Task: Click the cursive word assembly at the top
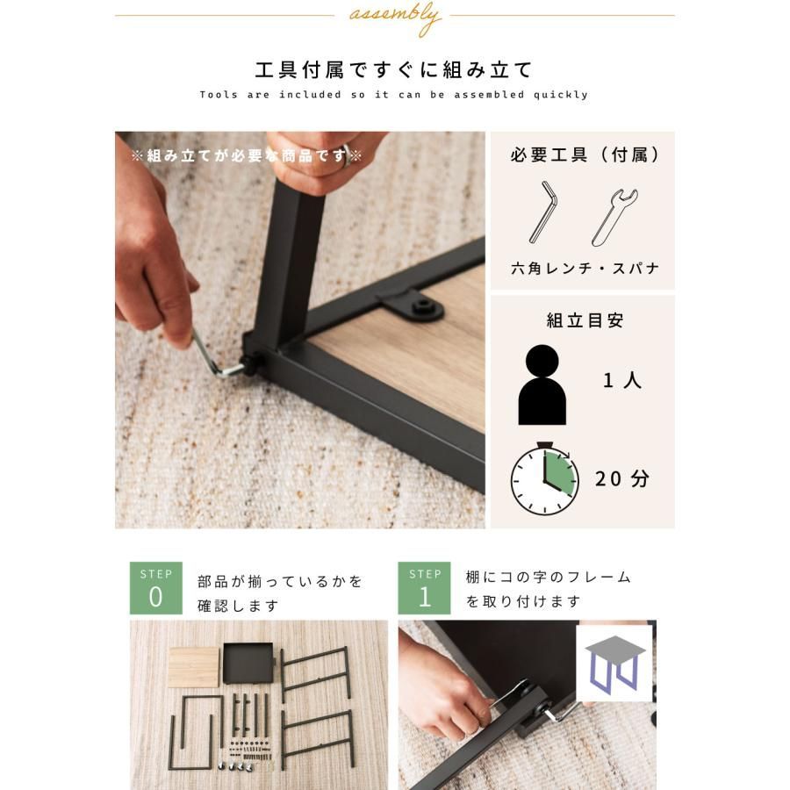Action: pyautogui.click(x=394, y=17)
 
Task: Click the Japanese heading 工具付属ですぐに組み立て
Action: pyautogui.click(x=394, y=70)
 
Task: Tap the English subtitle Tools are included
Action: pyautogui.click(x=394, y=95)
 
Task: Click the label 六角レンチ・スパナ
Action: pyautogui.click(x=584, y=269)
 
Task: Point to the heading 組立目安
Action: pyautogui.click(x=584, y=320)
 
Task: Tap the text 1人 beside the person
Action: pyautogui.click(x=622, y=381)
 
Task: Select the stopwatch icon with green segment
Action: pyautogui.click(x=544, y=479)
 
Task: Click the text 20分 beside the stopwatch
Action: pyautogui.click(x=622, y=479)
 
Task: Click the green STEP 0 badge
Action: pyautogui.click(x=156, y=588)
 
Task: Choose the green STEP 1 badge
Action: pyautogui.click(x=425, y=588)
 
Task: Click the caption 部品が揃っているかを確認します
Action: pyautogui.click(x=279, y=593)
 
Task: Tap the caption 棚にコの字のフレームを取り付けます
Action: pyautogui.click(x=548, y=589)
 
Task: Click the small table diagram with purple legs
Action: pyautogui.click(x=614, y=663)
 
